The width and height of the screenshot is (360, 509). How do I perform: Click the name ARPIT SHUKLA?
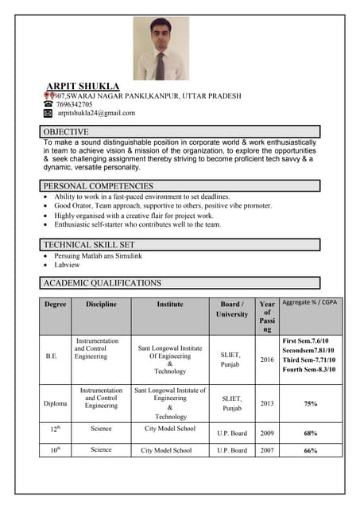click(83, 86)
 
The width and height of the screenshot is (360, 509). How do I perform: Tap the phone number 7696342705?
click(74, 104)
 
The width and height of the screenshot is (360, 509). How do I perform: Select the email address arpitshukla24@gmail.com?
click(96, 113)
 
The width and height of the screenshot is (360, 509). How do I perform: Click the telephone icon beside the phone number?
click(48, 104)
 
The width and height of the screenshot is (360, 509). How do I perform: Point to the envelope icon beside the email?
click(48, 113)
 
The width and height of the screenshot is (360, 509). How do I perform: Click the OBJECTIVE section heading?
click(66, 131)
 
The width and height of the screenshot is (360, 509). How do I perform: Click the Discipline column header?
click(101, 304)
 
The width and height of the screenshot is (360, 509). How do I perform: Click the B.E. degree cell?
click(52, 356)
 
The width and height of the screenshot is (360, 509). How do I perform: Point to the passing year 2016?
click(267, 359)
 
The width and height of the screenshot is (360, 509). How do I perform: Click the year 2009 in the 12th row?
click(267, 433)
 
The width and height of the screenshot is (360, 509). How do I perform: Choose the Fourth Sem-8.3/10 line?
click(309, 370)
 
